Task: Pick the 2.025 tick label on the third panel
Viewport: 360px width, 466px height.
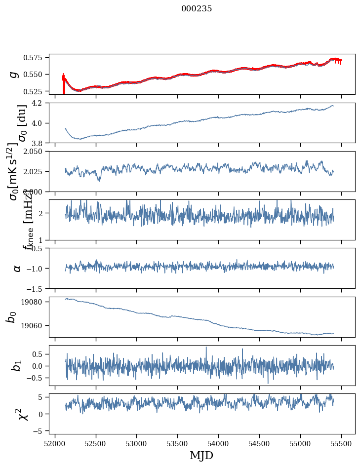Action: click(36, 172)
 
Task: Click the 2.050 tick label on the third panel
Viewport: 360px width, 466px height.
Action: click(36, 152)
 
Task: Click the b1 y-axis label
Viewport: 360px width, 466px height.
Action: click(17, 366)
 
